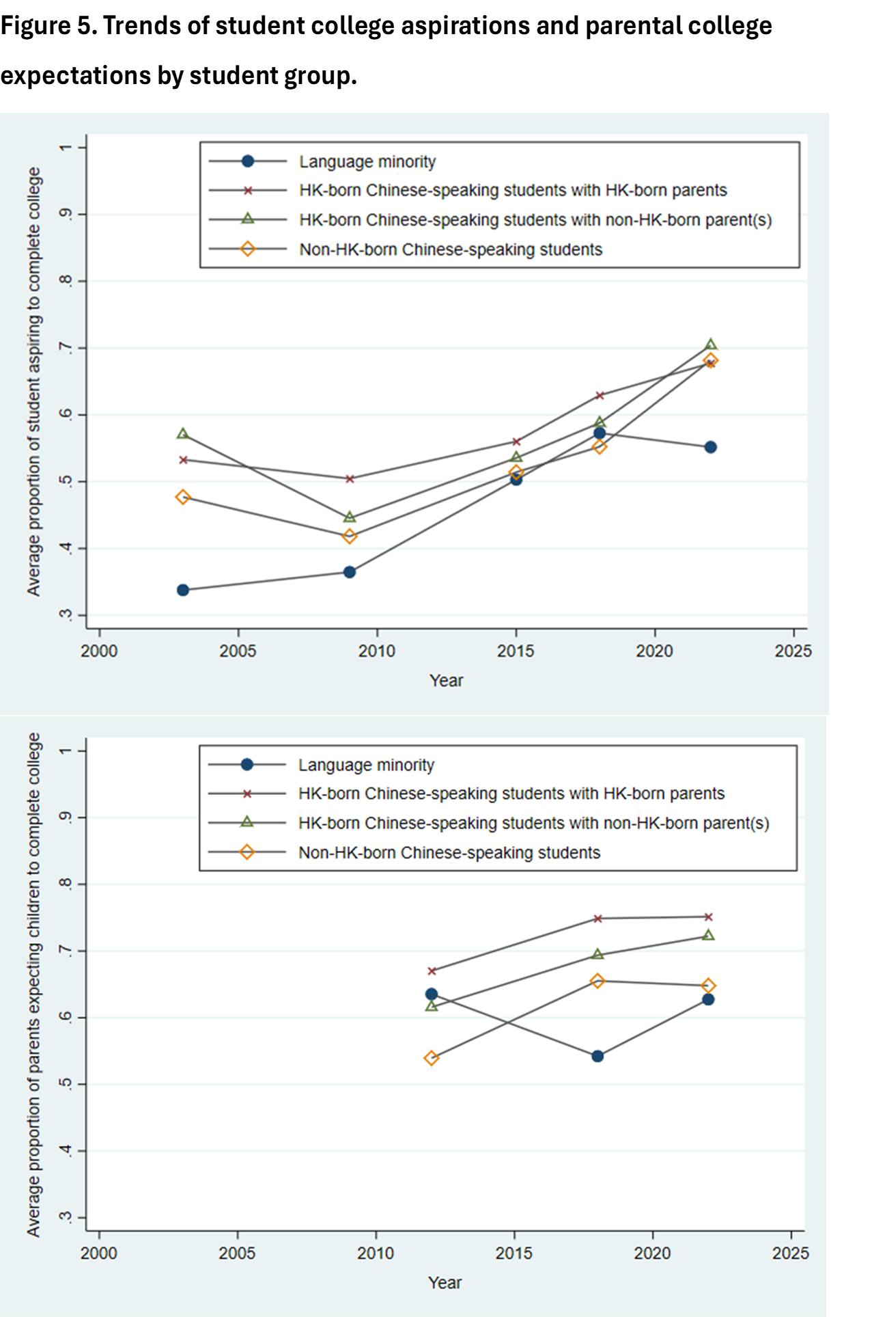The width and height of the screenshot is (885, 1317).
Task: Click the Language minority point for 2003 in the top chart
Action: click(183, 590)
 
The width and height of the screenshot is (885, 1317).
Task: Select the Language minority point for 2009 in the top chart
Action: click(350, 572)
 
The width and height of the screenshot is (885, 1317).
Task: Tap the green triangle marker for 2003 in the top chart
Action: click(183, 434)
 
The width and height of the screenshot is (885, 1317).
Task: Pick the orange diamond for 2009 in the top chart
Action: click(350, 537)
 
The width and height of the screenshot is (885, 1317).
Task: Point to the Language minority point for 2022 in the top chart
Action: click(710, 447)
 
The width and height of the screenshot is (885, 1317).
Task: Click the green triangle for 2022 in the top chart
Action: click(710, 344)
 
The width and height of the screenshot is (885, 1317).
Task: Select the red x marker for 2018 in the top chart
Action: click(600, 396)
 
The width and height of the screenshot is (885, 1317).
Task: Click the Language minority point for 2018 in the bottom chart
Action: click(598, 1056)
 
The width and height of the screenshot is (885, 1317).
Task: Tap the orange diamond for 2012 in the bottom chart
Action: click(431, 1058)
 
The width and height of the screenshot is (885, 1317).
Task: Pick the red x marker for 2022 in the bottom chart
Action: click(708, 917)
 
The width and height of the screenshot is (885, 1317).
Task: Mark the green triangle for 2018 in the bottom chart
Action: click(598, 954)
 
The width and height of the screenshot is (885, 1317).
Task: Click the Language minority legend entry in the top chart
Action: click(367, 161)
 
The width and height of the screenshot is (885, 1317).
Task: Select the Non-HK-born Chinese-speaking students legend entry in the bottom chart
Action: click(449, 852)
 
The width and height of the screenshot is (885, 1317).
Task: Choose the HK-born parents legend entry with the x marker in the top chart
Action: click(513, 190)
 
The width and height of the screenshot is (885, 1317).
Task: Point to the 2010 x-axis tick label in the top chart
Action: click(377, 651)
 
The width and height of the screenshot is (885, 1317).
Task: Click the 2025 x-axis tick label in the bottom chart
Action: click(791, 1253)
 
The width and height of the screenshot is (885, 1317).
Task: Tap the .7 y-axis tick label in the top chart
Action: click(66, 348)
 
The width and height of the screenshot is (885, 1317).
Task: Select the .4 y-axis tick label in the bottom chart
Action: click(66, 1151)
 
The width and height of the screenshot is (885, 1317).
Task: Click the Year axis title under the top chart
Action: click(446, 681)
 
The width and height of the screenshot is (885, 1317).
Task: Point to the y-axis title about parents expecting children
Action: click(34, 984)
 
